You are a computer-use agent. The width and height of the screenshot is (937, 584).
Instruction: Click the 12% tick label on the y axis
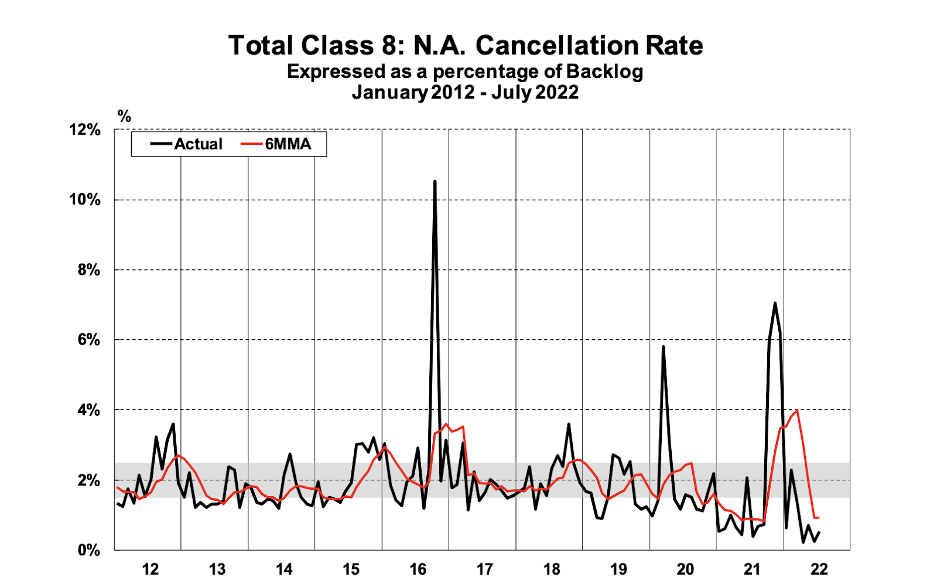85,130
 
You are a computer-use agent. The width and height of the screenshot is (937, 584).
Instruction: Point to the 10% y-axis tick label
85,200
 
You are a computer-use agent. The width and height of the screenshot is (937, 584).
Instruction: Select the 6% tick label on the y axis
88,340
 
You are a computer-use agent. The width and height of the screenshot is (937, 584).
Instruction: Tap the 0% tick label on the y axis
88,550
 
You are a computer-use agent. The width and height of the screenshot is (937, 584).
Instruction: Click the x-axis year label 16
418,569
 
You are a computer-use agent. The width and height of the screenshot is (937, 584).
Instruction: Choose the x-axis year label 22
819,569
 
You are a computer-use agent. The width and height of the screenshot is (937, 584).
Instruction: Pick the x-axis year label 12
151,569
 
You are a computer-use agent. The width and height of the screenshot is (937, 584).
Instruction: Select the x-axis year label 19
618,569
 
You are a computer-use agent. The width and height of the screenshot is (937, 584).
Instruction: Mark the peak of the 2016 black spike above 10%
435,182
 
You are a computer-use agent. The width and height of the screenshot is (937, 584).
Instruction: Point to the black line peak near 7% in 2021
775,303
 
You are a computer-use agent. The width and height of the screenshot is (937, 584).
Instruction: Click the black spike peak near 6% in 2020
663,346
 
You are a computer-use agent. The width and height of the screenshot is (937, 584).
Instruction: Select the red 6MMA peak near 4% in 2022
797,411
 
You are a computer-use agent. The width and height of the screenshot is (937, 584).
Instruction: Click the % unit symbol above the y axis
124,116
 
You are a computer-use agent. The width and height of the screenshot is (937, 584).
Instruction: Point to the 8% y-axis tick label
88,270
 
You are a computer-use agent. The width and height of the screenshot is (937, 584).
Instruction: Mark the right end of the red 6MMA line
818,518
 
